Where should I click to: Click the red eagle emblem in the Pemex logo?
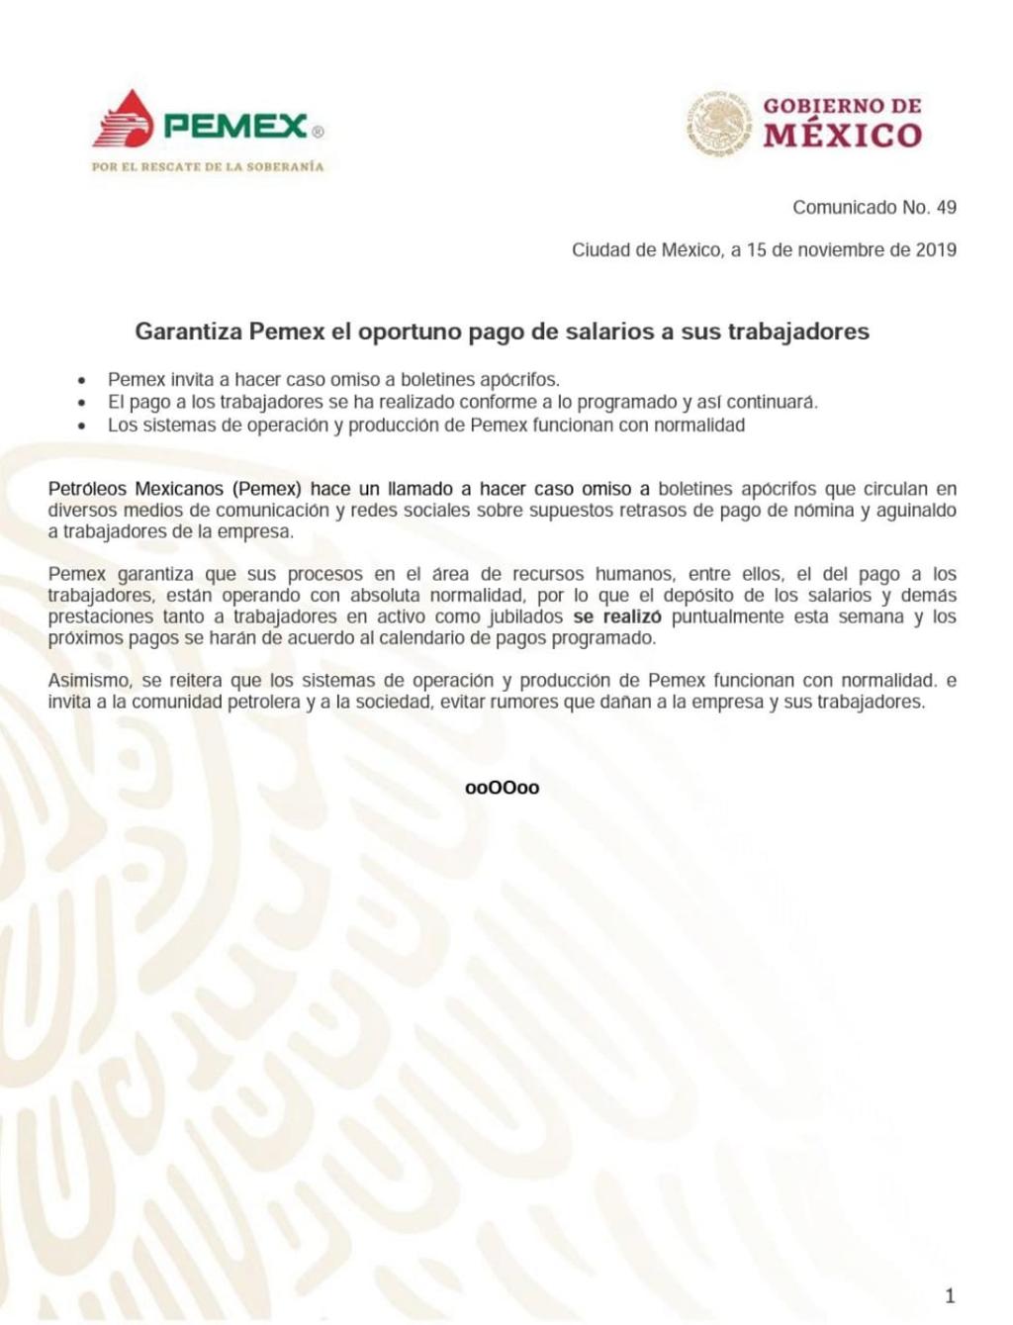(x=123, y=120)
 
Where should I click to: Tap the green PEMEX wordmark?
(x=236, y=127)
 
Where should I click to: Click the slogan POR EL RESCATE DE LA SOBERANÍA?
(x=208, y=166)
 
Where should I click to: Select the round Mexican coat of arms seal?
(x=719, y=123)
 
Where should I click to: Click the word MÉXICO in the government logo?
(x=843, y=135)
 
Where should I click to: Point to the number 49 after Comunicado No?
(x=946, y=208)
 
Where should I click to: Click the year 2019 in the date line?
(x=936, y=250)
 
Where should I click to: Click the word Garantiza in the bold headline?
(x=188, y=331)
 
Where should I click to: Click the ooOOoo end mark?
(x=503, y=789)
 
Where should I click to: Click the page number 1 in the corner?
(x=951, y=1296)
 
